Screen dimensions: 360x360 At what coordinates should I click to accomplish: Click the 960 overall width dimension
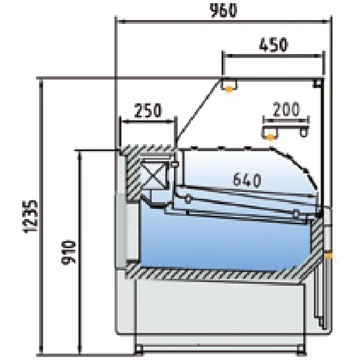(x=223, y=10)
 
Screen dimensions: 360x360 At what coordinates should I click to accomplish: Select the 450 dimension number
(x=273, y=44)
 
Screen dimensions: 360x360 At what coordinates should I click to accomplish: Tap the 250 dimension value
(x=148, y=110)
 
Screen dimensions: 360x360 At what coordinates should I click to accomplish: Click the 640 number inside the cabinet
(x=245, y=179)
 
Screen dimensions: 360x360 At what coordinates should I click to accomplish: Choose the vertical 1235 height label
(x=29, y=214)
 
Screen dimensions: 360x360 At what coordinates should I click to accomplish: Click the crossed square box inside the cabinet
(x=155, y=176)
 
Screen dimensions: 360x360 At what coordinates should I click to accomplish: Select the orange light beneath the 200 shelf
(x=271, y=137)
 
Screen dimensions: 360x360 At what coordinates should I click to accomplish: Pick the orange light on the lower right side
(x=329, y=257)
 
